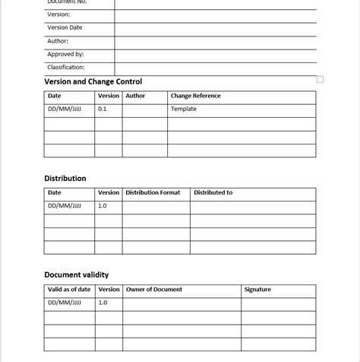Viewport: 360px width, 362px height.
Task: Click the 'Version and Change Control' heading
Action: click(93, 81)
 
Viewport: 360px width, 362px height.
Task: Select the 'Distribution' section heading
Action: click(65, 179)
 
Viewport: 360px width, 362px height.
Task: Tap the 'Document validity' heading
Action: click(77, 275)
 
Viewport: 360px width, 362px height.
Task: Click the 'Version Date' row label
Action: click(65, 27)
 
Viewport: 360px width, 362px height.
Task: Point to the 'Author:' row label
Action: click(58, 41)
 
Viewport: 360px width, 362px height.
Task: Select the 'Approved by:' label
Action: click(65, 54)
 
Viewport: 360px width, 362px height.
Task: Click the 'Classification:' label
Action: click(66, 67)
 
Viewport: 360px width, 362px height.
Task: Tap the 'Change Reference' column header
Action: click(196, 96)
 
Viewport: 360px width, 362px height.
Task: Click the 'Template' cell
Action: click(184, 109)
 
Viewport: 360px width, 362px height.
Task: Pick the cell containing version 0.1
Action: click(103, 109)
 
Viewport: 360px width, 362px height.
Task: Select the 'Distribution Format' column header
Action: click(153, 192)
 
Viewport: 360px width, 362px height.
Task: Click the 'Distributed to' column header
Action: click(213, 192)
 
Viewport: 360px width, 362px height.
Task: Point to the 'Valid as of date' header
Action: click(69, 289)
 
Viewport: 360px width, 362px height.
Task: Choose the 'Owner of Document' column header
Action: click(154, 289)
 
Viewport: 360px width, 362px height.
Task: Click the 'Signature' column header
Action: click(257, 289)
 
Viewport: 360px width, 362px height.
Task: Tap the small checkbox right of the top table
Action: click(320, 79)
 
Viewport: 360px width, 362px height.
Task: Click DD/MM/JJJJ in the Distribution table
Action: click(64, 205)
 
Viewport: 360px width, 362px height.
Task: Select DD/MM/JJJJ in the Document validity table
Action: click(64, 303)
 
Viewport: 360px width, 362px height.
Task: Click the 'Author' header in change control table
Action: click(135, 96)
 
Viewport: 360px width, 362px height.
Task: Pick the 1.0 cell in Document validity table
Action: click(103, 303)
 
